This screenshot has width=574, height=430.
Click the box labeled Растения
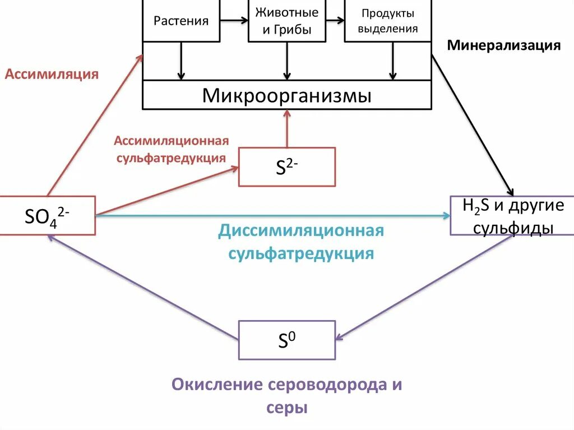pyautogui.click(x=181, y=21)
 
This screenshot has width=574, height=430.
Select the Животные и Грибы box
pyautogui.click(x=286, y=21)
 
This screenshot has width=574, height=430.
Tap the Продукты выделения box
pyautogui.click(x=388, y=21)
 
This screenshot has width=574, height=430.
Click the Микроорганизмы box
pyautogui.click(x=287, y=95)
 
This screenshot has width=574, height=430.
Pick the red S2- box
pyautogui.click(x=287, y=167)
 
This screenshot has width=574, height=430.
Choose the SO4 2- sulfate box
pyautogui.click(x=48, y=215)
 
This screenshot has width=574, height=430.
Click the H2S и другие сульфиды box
pyautogui.click(x=512, y=216)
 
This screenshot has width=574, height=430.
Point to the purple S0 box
pyautogui.click(x=287, y=340)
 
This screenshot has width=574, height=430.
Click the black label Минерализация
pyautogui.click(x=503, y=46)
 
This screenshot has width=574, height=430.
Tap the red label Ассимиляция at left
pyautogui.click(x=52, y=74)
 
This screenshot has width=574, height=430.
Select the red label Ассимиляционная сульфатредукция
pyautogui.click(x=171, y=149)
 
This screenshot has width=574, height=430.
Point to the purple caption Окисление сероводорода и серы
pyautogui.click(x=287, y=396)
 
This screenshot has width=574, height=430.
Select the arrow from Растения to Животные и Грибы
pyautogui.click(x=234, y=21)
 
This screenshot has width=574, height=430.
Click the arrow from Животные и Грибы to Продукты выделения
pyautogui.click(x=335, y=21)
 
